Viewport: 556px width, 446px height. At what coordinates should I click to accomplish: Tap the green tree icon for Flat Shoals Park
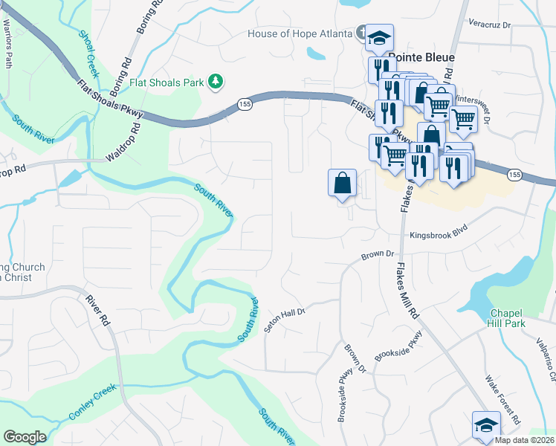[216, 80]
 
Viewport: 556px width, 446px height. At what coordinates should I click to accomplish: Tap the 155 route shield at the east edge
[514, 173]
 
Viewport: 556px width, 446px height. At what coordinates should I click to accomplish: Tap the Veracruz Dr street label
[490, 24]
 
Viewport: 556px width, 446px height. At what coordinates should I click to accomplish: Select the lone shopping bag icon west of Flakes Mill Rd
[342, 183]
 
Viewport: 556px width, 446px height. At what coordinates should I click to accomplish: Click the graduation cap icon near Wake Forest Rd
[486, 424]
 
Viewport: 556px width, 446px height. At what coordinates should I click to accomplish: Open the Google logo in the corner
[25, 437]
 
